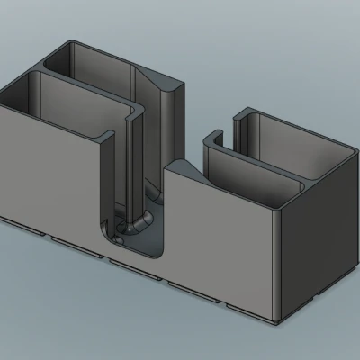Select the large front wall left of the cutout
pos(49,171)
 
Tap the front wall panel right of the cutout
pos(220,243)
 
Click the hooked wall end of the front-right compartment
pos(212,139)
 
